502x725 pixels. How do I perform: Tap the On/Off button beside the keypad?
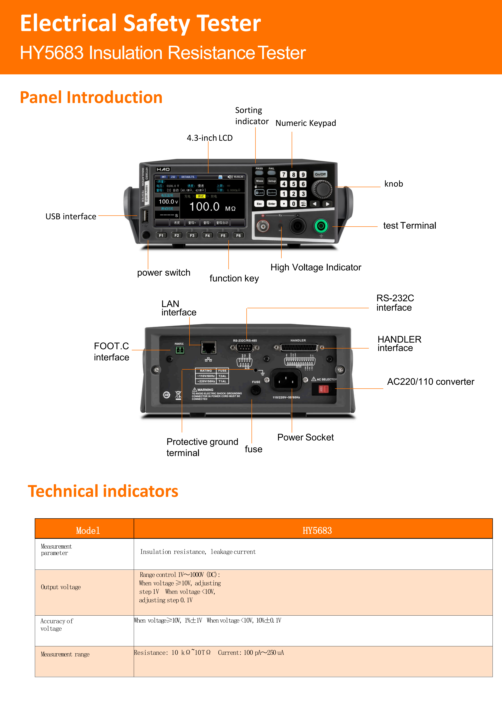click(320, 174)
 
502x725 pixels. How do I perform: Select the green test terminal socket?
click(321, 226)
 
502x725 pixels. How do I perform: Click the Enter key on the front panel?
click(272, 204)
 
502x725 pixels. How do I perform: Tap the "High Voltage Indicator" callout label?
click(316, 267)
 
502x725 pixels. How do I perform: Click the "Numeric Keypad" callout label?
click(305, 123)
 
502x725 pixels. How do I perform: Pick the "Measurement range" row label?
click(65, 654)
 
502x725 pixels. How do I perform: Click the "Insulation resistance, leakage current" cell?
click(198, 552)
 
